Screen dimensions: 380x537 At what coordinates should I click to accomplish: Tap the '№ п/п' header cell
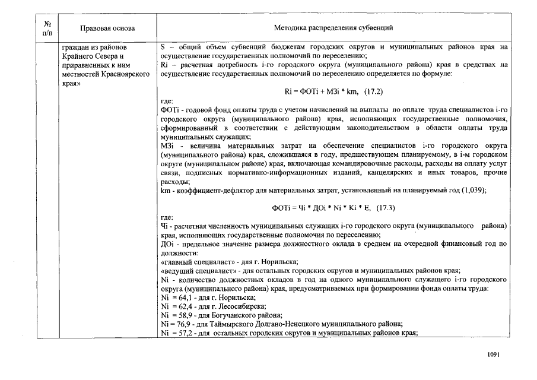point(47,28)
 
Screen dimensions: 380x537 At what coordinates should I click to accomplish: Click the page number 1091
point(494,354)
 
